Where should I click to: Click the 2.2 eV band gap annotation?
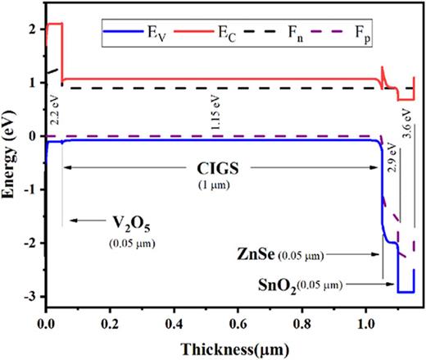(55, 106)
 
